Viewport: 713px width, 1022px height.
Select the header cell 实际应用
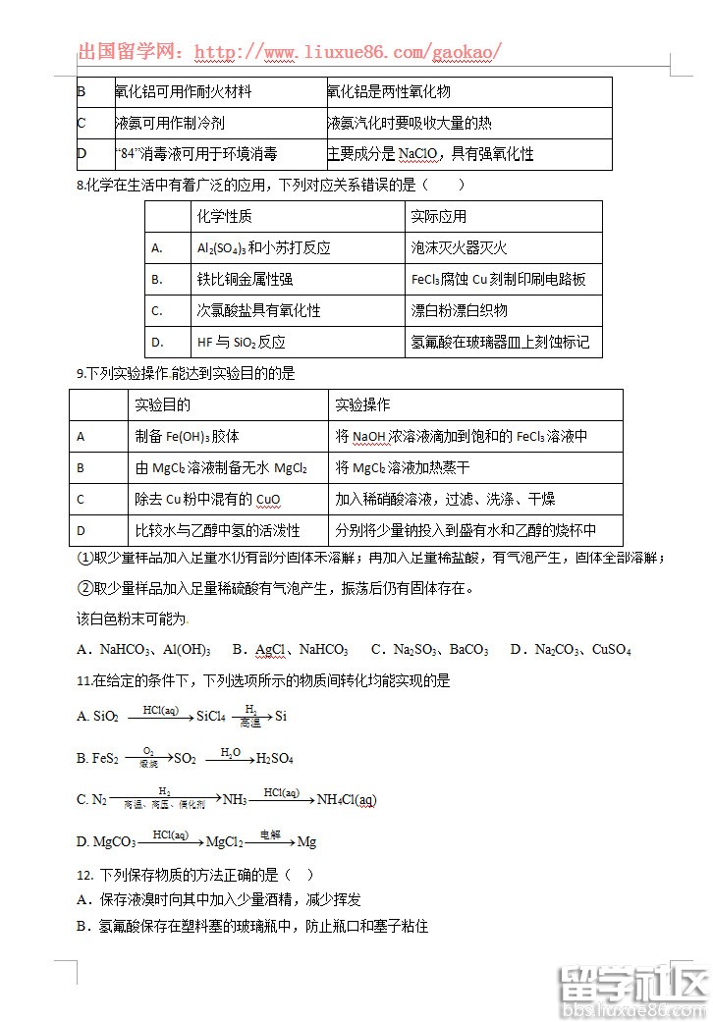[x=438, y=216]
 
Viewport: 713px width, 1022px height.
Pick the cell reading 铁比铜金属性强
[x=245, y=280]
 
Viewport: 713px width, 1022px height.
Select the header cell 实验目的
[x=163, y=404]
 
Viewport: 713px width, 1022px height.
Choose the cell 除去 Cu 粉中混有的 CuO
[x=207, y=500]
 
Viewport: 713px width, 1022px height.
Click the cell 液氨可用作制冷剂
[x=169, y=123]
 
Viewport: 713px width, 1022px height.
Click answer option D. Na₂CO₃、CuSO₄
[x=571, y=649]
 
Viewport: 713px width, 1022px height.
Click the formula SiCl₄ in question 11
[x=211, y=717]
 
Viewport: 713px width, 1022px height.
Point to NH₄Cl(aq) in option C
[x=347, y=800]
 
